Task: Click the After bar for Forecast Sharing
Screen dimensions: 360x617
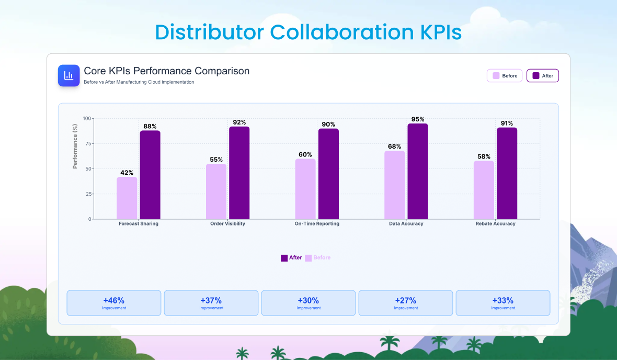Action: (150, 175)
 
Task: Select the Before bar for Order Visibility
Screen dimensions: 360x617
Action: (216, 192)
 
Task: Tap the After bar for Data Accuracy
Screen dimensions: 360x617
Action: (418, 171)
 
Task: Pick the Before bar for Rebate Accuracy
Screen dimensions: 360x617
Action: (484, 190)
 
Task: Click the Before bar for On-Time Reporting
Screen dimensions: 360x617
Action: (305, 189)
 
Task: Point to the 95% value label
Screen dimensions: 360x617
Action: (418, 119)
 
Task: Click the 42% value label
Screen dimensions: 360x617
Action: (127, 173)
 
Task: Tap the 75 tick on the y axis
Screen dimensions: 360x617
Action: (88, 143)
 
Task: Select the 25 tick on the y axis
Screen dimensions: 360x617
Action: (88, 194)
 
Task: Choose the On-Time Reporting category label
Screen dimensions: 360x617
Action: (317, 223)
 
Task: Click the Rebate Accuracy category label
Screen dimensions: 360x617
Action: (495, 223)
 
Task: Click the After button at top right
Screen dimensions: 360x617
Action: (543, 76)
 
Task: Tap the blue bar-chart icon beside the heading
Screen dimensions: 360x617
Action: (68, 76)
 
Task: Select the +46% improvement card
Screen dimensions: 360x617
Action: (113, 303)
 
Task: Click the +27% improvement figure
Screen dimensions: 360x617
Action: (405, 300)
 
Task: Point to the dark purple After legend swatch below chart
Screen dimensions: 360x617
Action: (284, 258)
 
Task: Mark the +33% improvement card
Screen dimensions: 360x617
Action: (502, 303)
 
